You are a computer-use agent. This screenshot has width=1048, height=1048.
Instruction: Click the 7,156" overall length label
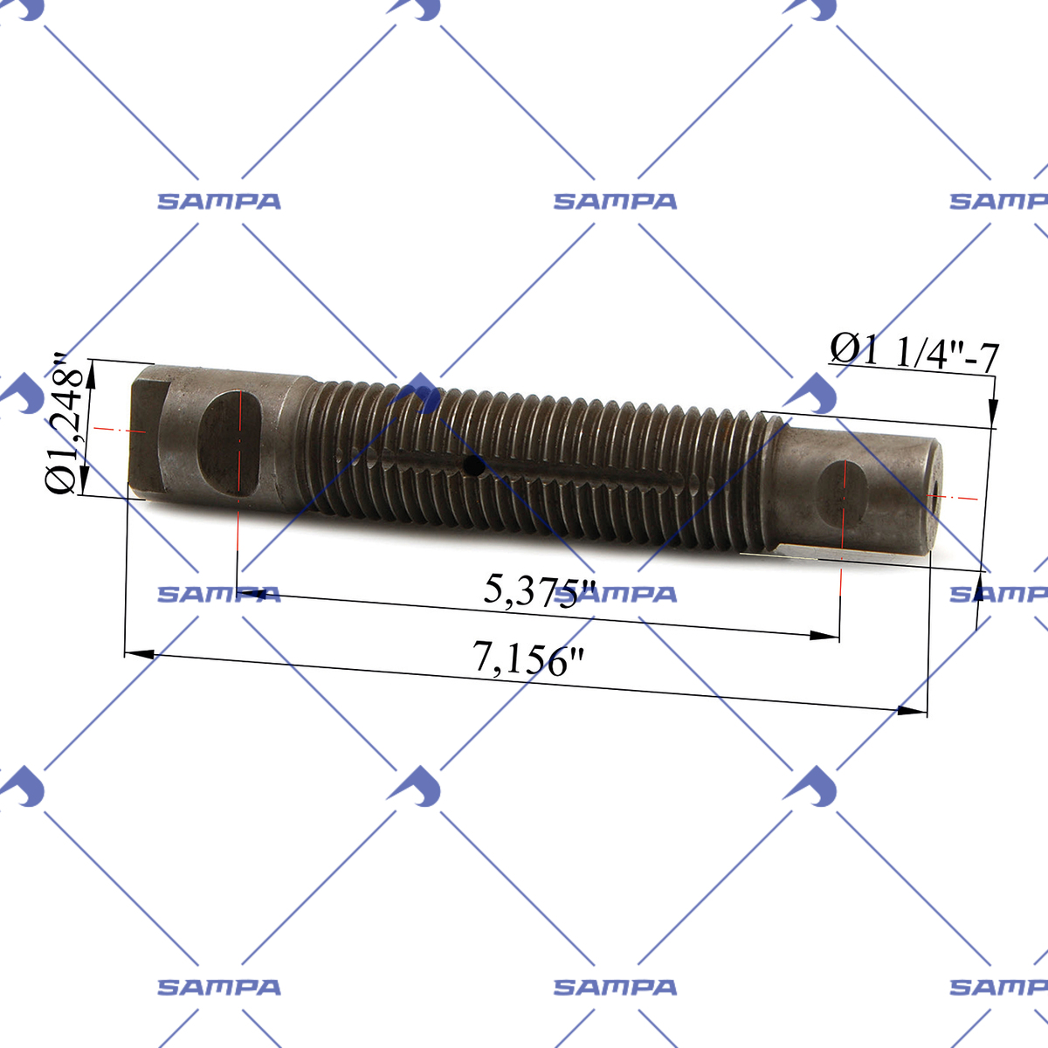pyautogui.click(x=528, y=658)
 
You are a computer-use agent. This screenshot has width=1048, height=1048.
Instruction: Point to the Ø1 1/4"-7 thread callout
pyautogui.click(x=914, y=351)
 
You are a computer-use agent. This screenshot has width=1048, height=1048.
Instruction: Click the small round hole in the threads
pyautogui.click(x=473, y=465)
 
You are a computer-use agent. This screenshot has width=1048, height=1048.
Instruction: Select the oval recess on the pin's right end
pyautogui.click(x=844, y=496)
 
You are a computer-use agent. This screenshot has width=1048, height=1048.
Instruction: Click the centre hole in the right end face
pyautogui.click(x=934, y=496)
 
